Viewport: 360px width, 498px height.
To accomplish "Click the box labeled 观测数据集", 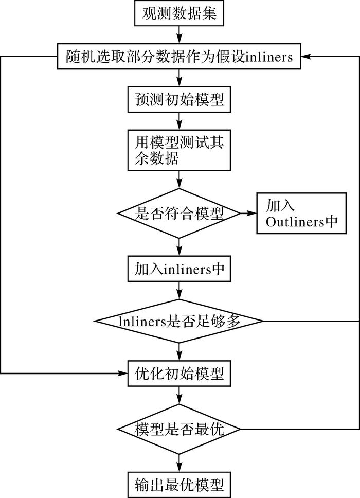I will [x=179, y=14].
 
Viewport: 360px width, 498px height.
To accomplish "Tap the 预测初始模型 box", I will [x=179, y=99].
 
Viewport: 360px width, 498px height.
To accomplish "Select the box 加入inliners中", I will [x=179, y=269].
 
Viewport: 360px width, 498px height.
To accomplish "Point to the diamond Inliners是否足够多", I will [x=179, y=321].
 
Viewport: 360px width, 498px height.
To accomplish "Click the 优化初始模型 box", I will [x=179, y=371].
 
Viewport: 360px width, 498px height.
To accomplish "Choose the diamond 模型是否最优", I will [x=179, y=428].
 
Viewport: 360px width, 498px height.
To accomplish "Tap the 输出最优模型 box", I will [x=179, y=484].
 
